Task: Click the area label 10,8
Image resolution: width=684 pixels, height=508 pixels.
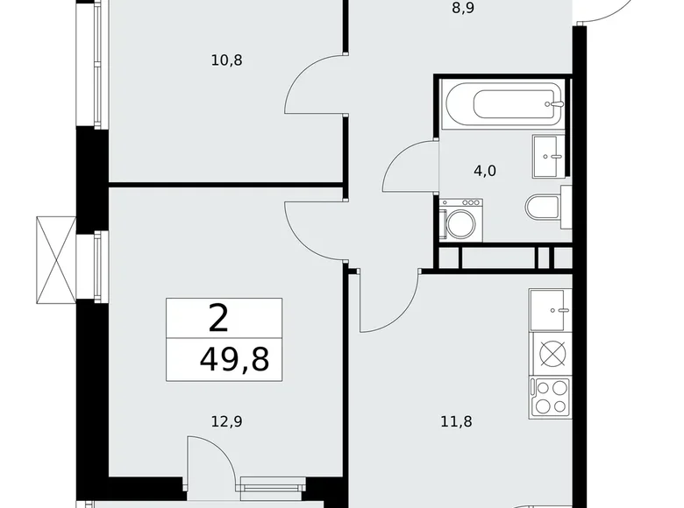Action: (226, 60)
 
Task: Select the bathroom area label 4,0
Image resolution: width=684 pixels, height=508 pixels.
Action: (484, 171)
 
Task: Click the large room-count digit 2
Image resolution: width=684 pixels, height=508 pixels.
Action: (219, 318)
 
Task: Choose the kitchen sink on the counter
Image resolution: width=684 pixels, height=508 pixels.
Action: (550, 307)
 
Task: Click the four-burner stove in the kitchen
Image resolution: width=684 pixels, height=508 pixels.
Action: (550, 395)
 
